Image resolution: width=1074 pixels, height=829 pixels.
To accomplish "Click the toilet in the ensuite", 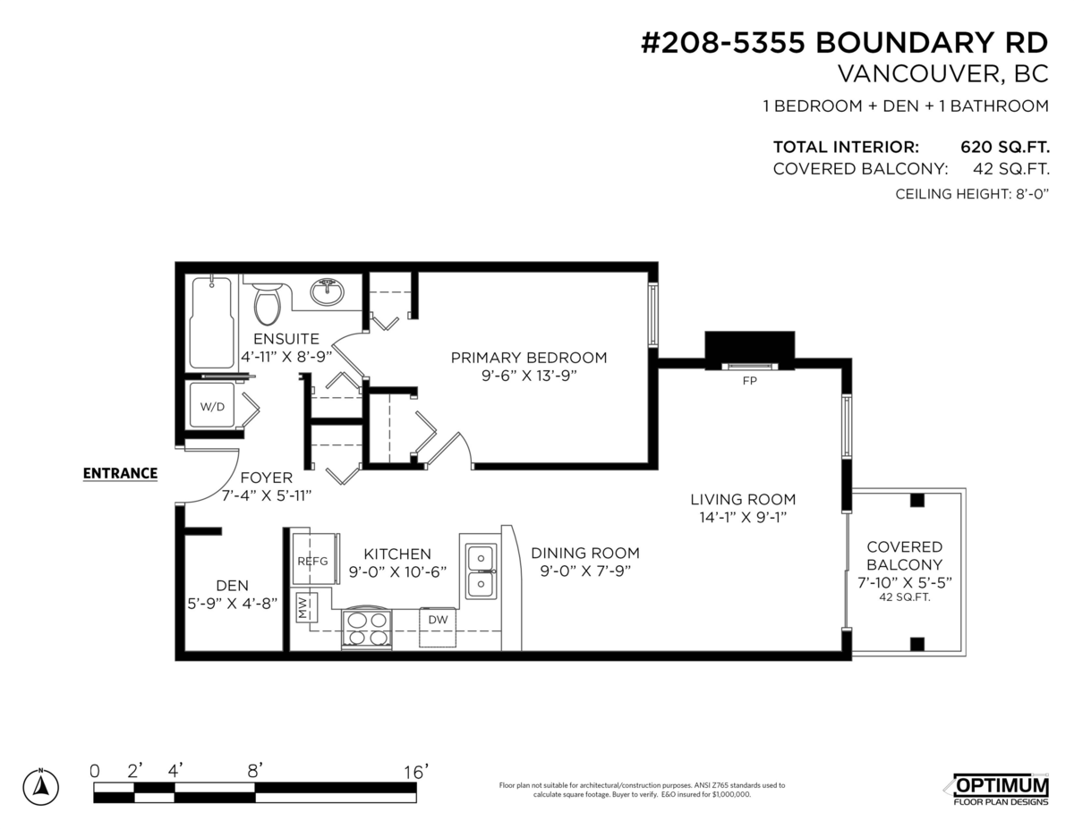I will (267, 302).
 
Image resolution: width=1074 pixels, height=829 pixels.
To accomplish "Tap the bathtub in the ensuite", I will (212, 322).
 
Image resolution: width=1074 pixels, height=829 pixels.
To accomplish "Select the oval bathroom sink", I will (328, 292).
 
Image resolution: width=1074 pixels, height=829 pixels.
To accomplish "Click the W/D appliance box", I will (213, 406).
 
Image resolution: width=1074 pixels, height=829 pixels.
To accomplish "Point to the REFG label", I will (312, 561).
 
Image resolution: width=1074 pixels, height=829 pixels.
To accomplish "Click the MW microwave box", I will (304, 608).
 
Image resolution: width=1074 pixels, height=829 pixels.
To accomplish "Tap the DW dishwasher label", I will (439, 620).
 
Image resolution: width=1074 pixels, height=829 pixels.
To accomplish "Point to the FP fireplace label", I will (749, 379).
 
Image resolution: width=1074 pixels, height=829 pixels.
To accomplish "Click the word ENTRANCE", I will (120, 473).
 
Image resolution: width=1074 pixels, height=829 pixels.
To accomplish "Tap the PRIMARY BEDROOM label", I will (528, 358).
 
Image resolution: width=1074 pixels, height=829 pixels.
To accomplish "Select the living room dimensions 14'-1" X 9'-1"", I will (742, 518).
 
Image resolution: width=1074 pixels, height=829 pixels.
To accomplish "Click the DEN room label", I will (232, 585).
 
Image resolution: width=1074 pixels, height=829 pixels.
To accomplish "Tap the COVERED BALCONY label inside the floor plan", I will (904, 555).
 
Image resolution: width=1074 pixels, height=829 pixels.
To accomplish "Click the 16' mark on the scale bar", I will (415, 770).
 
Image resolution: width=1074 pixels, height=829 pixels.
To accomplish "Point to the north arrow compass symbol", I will (41, 784).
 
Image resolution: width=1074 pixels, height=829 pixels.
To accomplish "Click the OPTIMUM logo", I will (1001, 785).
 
